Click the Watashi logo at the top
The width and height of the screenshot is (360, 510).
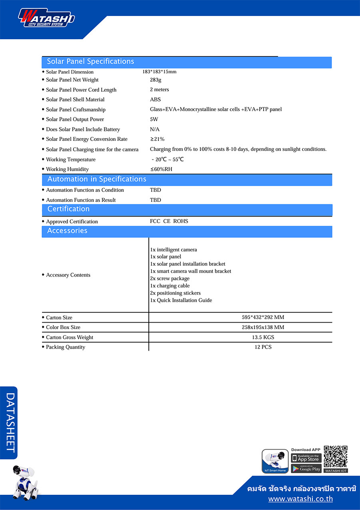[46, 18]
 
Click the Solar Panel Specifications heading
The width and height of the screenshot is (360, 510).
[90, 62]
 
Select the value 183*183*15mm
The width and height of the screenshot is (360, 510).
[159, 72]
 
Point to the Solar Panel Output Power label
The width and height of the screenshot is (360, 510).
[75, 119]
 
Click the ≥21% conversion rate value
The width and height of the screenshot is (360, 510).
[157, 139]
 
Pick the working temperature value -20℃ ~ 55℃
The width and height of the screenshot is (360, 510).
[168, 159]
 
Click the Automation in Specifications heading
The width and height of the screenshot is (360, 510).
[97, 179]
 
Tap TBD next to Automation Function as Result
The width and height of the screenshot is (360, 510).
[156, 200]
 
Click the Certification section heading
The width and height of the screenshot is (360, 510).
[68, 209]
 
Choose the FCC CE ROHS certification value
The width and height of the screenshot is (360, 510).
[169, 221]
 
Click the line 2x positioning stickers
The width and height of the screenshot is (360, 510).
[175, 293]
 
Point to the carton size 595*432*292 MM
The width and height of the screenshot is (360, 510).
[263, 317]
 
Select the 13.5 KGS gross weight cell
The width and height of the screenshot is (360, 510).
[263, 337]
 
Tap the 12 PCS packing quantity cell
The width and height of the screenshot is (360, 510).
[263, 347]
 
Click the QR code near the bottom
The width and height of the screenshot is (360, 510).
[336, 457]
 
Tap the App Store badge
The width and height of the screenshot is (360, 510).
[306, 458]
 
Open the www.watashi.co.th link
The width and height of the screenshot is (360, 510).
[300, 499]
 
